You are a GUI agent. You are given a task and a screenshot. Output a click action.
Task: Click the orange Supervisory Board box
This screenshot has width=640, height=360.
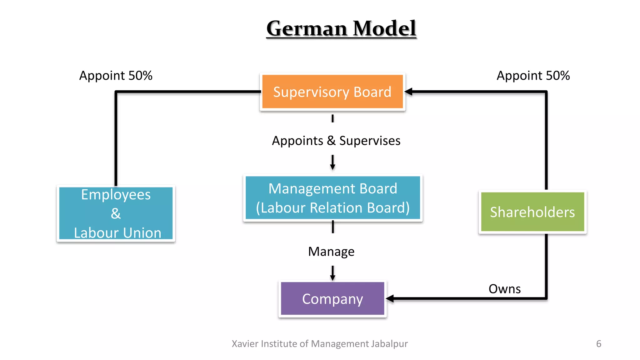coord(332,92)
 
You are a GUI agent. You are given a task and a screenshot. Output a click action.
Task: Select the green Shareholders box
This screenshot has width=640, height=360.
coord(532,212)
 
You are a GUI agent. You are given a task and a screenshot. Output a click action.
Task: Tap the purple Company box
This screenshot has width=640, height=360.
coord(332,299)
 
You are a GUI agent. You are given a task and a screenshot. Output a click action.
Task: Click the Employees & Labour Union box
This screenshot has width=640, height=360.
coord(116,213)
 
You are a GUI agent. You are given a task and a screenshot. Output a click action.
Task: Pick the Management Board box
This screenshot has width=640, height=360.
coord(332,198)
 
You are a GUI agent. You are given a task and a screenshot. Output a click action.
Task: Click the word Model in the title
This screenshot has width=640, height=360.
coord(384,28)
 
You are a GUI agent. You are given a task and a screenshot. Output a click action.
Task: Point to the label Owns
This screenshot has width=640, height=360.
coord(504,289)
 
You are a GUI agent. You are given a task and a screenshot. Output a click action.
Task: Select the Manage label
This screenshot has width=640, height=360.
coord(331,252)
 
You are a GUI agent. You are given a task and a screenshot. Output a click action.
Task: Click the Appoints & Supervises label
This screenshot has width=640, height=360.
coord(336,141)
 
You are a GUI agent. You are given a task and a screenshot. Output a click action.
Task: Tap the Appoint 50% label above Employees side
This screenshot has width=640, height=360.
coord(116,76)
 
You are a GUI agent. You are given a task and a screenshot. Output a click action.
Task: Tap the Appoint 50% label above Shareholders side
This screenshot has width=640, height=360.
coord(533,76)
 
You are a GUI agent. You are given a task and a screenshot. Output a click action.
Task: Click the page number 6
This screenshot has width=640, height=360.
coord(598,344)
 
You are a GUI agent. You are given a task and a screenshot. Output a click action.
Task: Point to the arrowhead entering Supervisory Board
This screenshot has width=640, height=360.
coord(408,92)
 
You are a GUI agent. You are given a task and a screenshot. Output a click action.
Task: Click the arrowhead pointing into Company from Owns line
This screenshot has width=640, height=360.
coord(390,299)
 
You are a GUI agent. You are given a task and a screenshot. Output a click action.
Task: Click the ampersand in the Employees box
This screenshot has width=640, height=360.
coord(116,214)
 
